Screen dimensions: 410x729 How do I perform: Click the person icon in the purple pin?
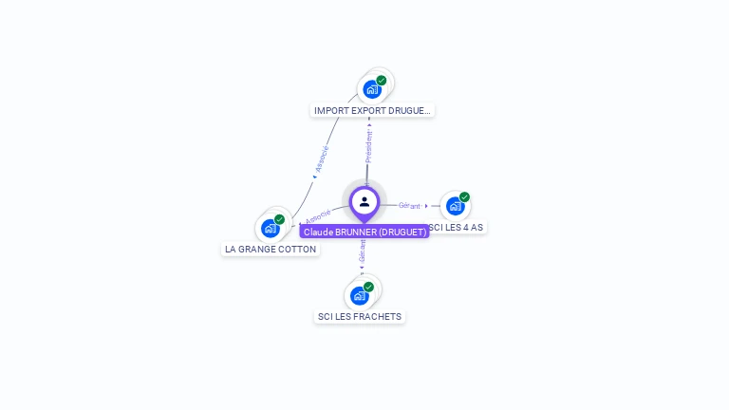click(x=364, y=201)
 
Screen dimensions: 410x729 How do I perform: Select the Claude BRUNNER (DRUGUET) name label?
click(x=364, y=232)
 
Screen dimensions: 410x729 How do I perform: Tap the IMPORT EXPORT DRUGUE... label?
click(x=372, y=110)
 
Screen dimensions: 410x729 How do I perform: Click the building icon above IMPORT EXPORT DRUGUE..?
click(x=371, y=89)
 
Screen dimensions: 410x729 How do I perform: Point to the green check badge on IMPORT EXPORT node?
click(x=382, y=81)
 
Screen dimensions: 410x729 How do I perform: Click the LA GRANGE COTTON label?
click(x=271, y=249)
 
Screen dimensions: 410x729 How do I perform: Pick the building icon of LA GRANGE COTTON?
click(x=271, y=228)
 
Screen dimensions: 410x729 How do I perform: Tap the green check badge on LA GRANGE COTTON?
click(x=280, y=219)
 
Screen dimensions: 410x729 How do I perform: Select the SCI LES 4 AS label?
click(x=457, y=228)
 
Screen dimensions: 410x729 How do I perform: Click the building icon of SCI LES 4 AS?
click(x=455, y=206)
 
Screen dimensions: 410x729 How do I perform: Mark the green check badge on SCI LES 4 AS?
click(x=464, y=197)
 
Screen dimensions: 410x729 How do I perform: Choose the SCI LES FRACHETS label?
click(x=360, y=316)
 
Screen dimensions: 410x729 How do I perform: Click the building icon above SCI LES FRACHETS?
click(x=359, y=295)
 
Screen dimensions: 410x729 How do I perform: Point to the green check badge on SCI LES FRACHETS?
click(x=368, y=287)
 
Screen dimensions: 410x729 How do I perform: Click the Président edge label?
click(x=369, y=146)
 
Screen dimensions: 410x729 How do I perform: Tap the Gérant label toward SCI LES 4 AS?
click(x=409, y=205)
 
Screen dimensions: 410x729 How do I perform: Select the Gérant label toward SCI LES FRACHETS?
click(x=362, y=250)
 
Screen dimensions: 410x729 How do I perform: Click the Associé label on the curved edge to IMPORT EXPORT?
click(x=323, y=158)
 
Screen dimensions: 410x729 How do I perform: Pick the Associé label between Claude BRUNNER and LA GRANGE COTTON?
click(x=319, y=216)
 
